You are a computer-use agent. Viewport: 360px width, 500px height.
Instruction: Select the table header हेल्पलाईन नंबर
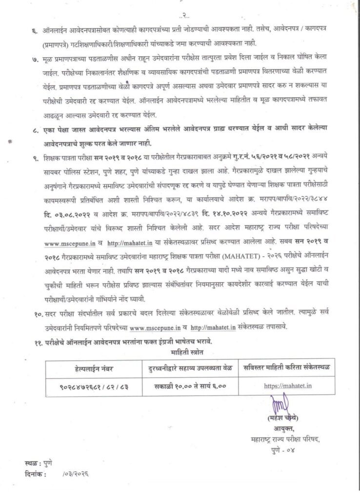tap(94, 368)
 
